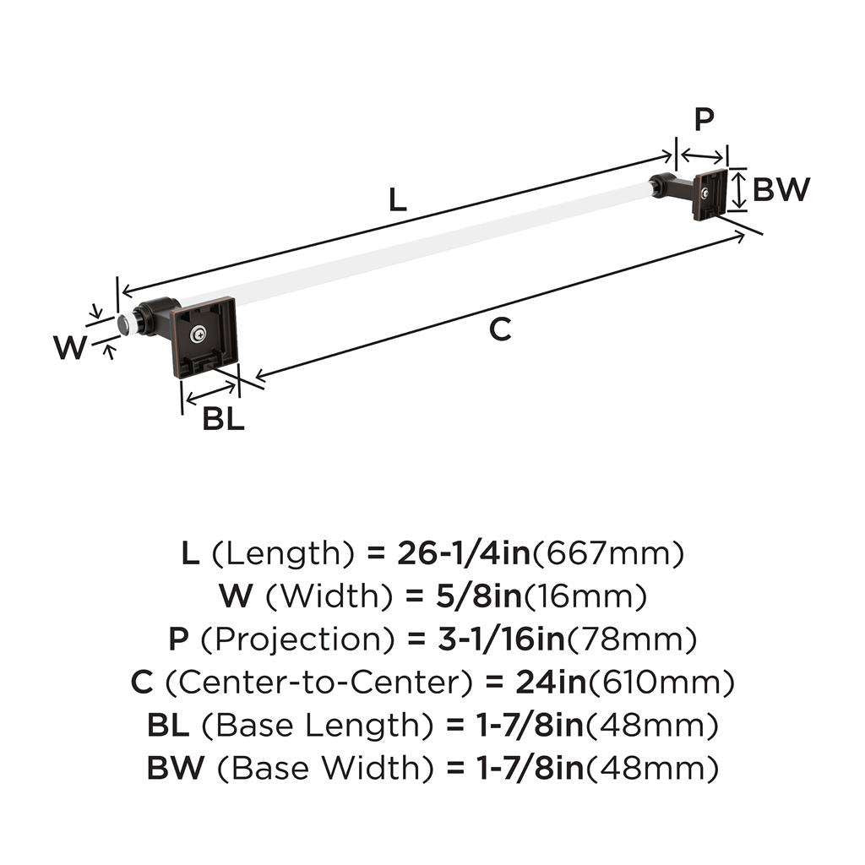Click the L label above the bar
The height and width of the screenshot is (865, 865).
[x=398, y=200]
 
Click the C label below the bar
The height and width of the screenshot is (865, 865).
[x=500, y=330]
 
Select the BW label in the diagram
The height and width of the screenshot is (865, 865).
[x=781, y=190]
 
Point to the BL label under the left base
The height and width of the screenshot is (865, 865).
[x=223, y=418]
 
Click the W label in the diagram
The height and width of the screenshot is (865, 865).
[x=70, y=347]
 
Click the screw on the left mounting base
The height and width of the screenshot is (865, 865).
[x=198, y=335]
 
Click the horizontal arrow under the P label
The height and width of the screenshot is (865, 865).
[x=703, y=155]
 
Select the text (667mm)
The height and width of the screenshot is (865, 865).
[x=606, y=553]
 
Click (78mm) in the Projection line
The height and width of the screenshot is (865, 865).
[x=633, y=639]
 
